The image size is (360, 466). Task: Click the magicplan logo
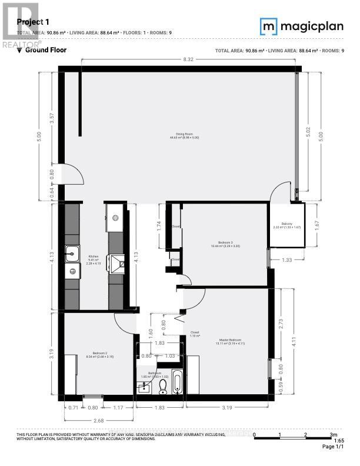coord(301,26)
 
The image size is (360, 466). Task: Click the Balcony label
coord(286,224)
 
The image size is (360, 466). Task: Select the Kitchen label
coord(93,257)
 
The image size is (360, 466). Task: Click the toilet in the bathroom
coord(163,385)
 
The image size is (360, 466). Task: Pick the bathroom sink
coord(143,387)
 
